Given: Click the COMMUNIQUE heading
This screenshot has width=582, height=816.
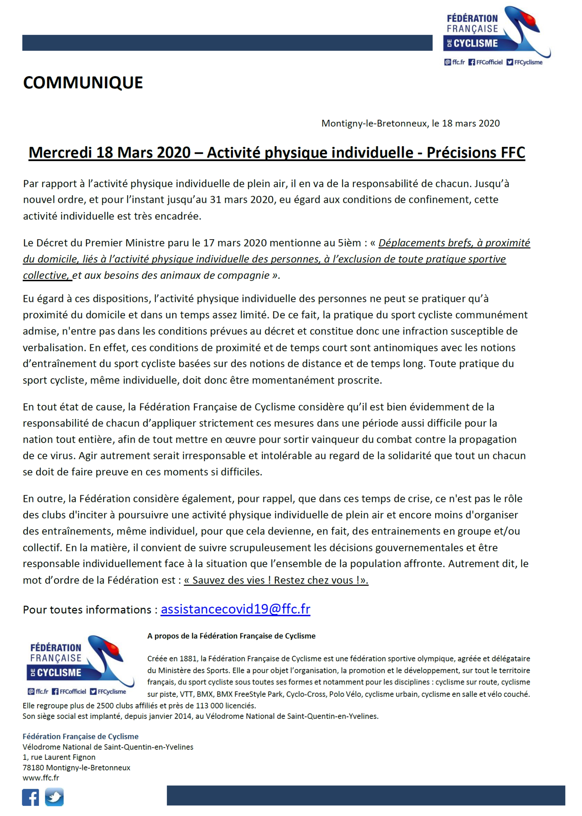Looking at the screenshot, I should point(83,83).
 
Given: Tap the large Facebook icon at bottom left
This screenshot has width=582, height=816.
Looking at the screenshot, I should point(30,797).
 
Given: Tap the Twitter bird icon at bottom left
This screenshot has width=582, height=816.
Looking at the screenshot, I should point(54,797).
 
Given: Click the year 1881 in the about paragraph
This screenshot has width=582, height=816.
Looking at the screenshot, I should point(189,658).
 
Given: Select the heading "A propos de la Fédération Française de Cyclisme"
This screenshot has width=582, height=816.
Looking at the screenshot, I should point(231,636).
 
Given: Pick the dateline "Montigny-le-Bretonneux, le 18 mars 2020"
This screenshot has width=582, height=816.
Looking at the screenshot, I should point(410,123).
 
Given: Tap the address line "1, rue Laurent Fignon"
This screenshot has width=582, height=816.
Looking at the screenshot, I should point(59,757).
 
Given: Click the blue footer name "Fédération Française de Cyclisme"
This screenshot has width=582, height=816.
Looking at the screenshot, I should point(80,736).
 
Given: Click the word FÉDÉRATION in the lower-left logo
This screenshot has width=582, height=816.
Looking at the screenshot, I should point(55,648).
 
